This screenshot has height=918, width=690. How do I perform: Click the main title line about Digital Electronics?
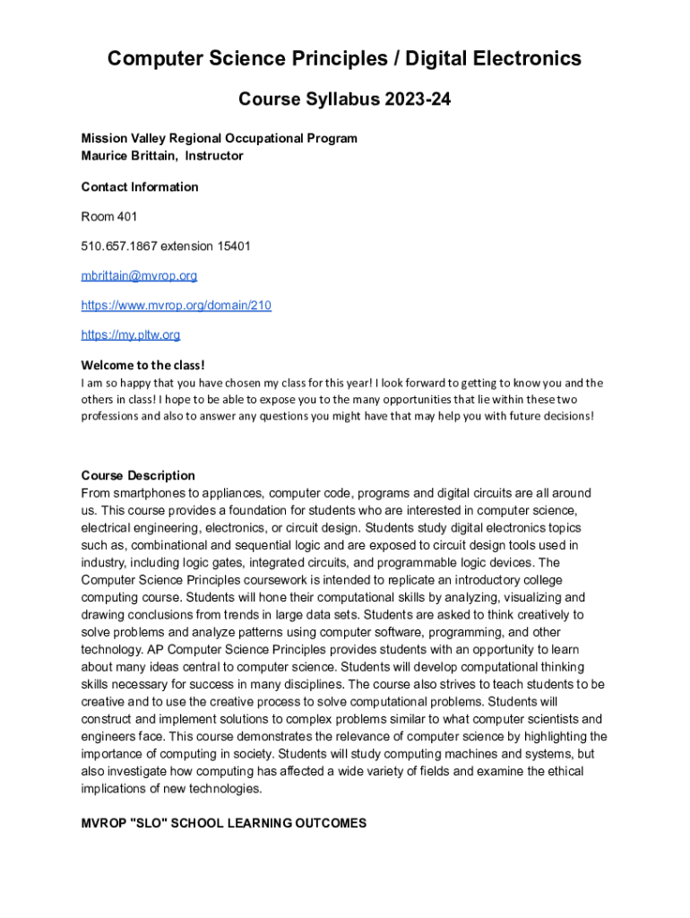[x=344, y=59]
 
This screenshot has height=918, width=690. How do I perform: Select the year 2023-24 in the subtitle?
[x=417, y=100]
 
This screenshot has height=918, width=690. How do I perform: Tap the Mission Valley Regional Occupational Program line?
[x=219, y=138]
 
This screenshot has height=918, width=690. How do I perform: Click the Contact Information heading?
[x=140, y=186]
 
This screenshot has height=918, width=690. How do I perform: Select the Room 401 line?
[x=109, y=216]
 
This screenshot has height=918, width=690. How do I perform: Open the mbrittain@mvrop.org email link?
[x=139, y=275]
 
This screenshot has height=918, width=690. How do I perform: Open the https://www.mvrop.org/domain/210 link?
[x=177, y=306]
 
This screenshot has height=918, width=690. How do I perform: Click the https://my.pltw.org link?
[x=131, y=335]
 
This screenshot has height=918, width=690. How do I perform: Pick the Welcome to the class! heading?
[x=143, y=365]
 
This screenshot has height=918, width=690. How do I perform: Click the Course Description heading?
[x=138, y=475]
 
